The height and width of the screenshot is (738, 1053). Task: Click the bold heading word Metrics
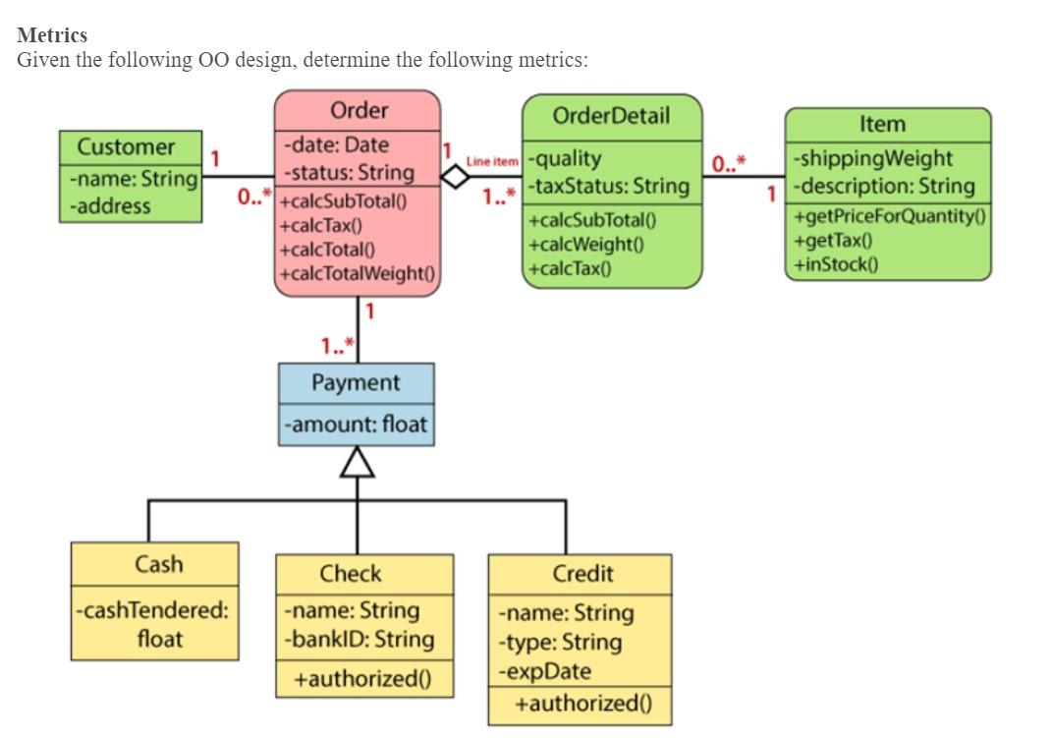tap(52, 35)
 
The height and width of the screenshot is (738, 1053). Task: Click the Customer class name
tap(126, 147)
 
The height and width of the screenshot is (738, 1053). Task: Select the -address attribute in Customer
tap(109, 206)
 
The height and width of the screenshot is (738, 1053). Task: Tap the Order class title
tap(359, 110)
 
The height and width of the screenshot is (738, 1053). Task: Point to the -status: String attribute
tap(349, 173)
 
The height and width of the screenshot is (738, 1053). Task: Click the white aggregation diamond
tap(454, 177)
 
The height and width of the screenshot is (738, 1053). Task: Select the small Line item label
tap(491, 160)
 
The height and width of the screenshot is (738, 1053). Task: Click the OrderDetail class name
tap(611, 115)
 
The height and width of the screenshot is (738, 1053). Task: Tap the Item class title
tap(882, 124)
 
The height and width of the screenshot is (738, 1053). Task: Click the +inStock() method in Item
tap(837, 262)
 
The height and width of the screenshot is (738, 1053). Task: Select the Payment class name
tap(356, 382)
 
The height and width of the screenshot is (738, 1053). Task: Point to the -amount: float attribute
tap(356, 426)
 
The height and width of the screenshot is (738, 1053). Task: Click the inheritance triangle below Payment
tap(357, 462)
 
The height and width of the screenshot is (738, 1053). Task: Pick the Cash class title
tap(158, 564)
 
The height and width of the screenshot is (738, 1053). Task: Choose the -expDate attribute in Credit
tap(545, 671)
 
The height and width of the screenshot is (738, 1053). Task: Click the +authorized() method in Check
tap(364, 679)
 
